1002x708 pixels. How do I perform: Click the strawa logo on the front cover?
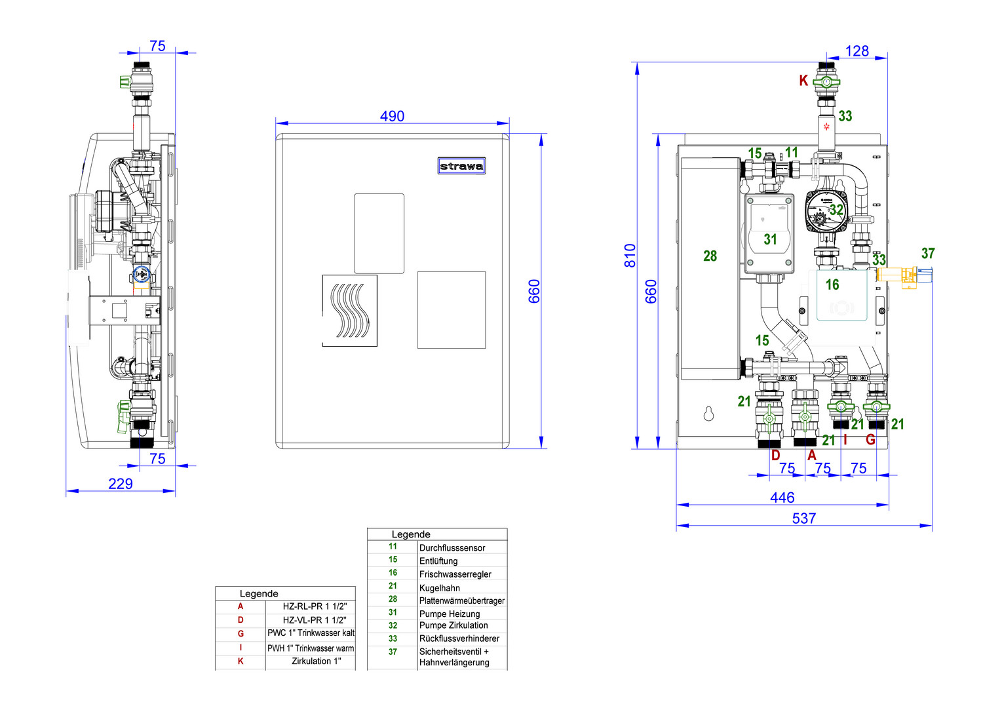coord(461,166)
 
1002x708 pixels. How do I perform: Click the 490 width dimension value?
coord(392,116)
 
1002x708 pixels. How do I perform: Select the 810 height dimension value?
coord(630,255)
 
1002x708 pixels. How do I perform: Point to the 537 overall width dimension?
coord(804,519)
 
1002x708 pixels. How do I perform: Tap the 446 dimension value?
coord(782,498)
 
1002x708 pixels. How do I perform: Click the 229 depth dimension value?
coord(121,484)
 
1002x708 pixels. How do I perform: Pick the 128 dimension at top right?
coord(857,51)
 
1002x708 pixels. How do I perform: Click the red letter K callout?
coord(803,81)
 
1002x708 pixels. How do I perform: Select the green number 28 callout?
coord(710,256)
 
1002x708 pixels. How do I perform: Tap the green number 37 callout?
coord(928,253)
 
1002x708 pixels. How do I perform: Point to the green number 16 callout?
coord(832,285)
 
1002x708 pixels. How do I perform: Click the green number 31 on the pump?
coord(770,240)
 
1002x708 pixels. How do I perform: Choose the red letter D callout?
coord(776,455)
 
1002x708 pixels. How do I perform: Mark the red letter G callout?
coord(870,439)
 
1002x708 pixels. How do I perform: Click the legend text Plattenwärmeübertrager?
coord(462,600)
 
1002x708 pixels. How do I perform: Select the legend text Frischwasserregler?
coord(455,574)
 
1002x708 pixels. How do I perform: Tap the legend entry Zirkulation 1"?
coord(317,661)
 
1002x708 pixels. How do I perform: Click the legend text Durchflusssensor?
coord(452,548)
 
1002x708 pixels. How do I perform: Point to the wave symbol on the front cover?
coord(350,311)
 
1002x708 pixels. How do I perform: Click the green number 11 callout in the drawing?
coord(792,153)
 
